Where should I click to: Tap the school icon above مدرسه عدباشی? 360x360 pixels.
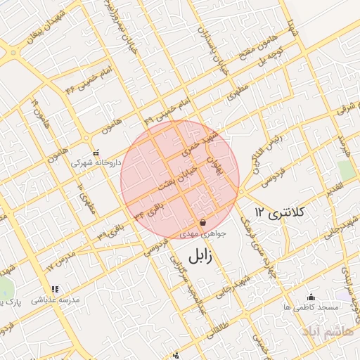(54, 289)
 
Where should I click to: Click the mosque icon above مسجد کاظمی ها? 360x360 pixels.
(311, 297)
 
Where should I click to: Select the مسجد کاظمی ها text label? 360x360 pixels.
(311, 308)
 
